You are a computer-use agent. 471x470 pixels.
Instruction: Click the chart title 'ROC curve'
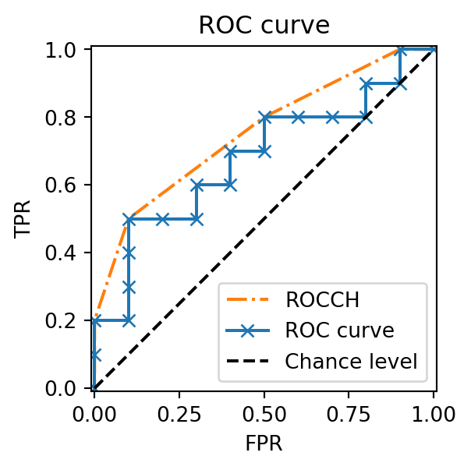click(x=264, y=25)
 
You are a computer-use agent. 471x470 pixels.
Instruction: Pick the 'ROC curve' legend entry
click(x=339, y=330)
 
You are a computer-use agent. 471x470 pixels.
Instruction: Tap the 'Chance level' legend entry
click(x=351, y=361)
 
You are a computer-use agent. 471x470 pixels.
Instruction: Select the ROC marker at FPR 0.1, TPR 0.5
click(x=129, y=219)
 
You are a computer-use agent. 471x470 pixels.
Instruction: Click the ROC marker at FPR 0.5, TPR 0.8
click(x=264, y=118)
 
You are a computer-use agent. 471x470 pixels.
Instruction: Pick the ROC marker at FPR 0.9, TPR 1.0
click(x=400, y=50)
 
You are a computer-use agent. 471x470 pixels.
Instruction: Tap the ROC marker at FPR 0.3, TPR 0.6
click(x=197, y=186)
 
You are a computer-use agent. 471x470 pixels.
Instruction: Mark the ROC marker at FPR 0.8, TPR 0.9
click(x=366, y=83)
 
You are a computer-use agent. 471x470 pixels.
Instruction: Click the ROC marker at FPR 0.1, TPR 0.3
click(x=129, y=287)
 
